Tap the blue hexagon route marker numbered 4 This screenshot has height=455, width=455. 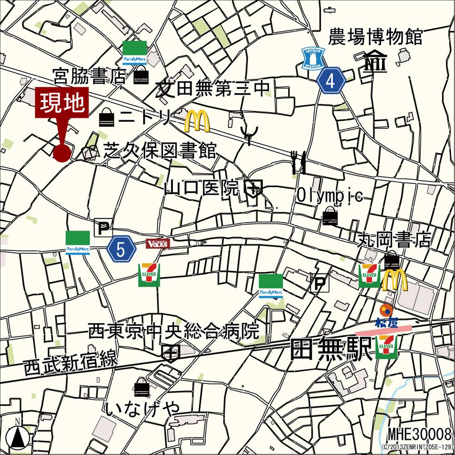click(331, 81)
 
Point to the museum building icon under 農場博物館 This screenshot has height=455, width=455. click(375, 62)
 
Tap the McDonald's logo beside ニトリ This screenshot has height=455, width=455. click(197, 121)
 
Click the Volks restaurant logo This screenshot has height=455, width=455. click(157, 243)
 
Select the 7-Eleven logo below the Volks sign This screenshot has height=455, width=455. click(149, 274)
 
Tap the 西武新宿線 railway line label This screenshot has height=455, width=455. click(71, 361)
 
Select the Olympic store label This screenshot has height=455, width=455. click(329, 196)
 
